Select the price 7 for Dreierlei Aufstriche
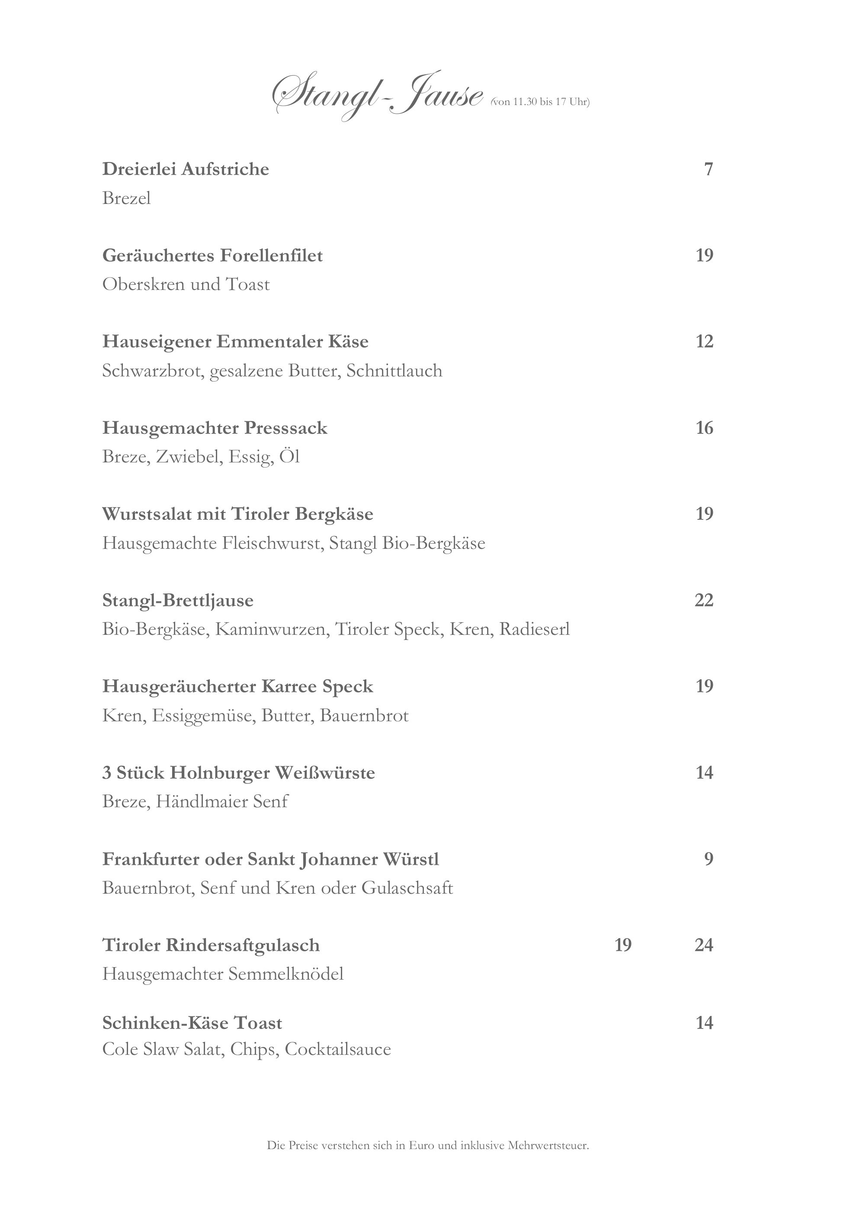(709, 169)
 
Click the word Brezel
(127, 199)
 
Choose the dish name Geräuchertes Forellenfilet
(212, 255)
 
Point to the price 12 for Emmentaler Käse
(704, 341)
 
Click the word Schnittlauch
(394, 371)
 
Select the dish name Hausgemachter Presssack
(215, 428)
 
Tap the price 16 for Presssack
(704, 428)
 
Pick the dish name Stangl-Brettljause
(178, 600)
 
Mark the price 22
(704, 600)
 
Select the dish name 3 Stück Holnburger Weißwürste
(238, 773)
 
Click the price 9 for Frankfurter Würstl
(709, 859)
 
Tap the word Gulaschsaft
(407, 888)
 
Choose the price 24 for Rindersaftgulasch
(704, 946)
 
